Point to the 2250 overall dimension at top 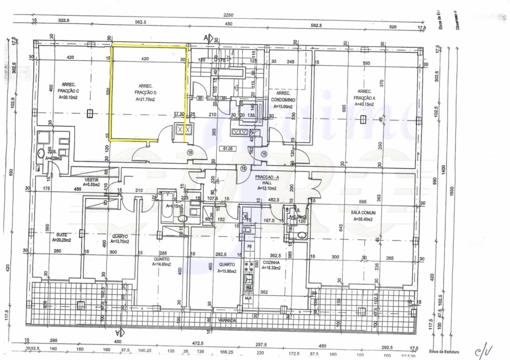[228, 15]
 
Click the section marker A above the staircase [205, 37]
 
